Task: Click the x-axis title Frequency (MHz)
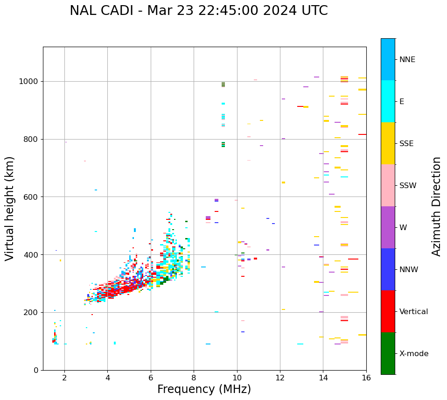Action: [x=204, y=389]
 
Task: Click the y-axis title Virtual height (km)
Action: [x=10, y=208]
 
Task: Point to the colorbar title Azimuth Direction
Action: [x=436, y=206]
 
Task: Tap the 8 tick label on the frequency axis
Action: [x=194, y=378]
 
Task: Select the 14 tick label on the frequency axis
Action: [x=323, y=378]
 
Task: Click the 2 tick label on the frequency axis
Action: [x=64, y=378]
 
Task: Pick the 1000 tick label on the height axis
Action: [x=28, y=81]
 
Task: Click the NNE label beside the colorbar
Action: [x=407, y=60]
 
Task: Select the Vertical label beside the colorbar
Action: [x=413, y=312]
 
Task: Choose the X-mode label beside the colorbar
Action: [x=414, y=354]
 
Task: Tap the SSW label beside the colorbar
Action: [x=408, y=186]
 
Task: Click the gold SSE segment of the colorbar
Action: [x=388, y=143]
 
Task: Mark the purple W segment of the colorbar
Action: [x=388, y=227]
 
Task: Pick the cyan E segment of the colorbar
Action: [x=388, y=101]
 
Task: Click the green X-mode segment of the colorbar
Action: [x=388, y=353]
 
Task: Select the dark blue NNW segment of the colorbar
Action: [x=388, y=269]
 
